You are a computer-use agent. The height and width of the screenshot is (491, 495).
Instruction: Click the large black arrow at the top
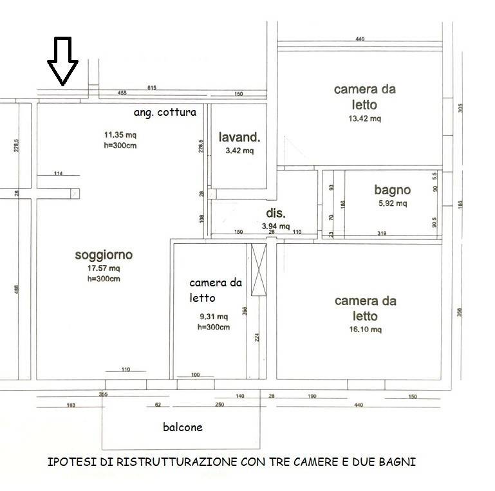(x=62, y=62)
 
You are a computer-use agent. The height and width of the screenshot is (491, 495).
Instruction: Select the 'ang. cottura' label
(x=165, y=112)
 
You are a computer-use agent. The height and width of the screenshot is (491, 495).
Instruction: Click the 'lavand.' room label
(x=239, y=137)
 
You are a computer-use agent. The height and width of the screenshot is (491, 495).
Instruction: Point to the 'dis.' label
(x=276, y=213)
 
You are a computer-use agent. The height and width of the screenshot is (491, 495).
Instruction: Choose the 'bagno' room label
(x=392, y=190)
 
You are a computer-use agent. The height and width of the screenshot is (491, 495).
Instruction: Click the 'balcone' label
(x=183, y=427)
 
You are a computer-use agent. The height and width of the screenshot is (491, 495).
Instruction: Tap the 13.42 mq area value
(x=365, y=118)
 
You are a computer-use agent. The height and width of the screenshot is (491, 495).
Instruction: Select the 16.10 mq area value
(x=366, y=329)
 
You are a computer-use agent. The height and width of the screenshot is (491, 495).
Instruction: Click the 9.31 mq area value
(x=214, y=317)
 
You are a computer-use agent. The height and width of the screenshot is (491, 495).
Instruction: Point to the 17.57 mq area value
(x=104, y=268)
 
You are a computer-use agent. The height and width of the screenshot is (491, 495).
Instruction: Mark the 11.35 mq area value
(x=120, y=135)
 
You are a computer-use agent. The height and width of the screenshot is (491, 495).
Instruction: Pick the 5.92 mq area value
(x=392, y=204)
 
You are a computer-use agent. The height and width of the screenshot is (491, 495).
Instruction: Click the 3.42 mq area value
(x=239, y=151)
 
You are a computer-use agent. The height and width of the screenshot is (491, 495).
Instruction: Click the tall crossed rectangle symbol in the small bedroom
(x=258, y=271)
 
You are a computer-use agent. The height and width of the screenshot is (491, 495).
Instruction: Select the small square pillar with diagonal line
(x=75, y=193)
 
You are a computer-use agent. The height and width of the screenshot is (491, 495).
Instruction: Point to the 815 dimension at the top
(x=152, y=88)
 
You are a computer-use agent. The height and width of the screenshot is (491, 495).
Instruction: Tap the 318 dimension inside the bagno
(x=382, y=233)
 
